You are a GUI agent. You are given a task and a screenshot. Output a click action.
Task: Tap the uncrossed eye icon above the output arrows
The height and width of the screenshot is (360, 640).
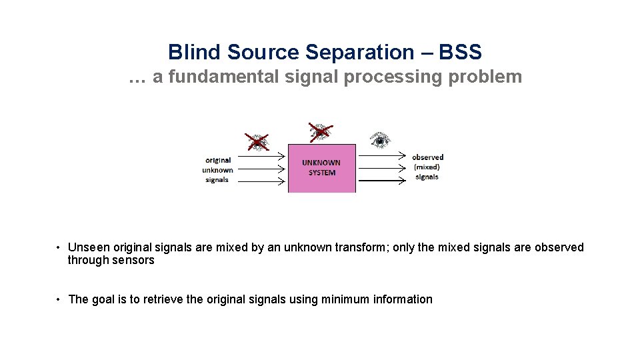point(380,139)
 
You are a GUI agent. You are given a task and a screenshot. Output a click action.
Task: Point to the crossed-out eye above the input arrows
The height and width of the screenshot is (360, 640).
point(257,141)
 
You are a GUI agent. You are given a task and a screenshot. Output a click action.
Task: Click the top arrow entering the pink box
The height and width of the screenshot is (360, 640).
point(261,158)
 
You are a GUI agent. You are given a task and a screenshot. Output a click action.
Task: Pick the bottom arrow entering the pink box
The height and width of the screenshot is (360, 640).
point(261,180)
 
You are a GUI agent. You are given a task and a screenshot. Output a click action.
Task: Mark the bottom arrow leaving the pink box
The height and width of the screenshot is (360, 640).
point(381,181)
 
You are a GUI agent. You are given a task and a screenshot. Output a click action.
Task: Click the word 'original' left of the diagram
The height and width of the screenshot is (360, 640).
point(218,160)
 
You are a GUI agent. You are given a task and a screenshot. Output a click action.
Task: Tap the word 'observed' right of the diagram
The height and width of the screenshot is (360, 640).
point(427,157)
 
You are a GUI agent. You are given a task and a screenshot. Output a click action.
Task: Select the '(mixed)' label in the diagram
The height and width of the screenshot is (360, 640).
point(427,167)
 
